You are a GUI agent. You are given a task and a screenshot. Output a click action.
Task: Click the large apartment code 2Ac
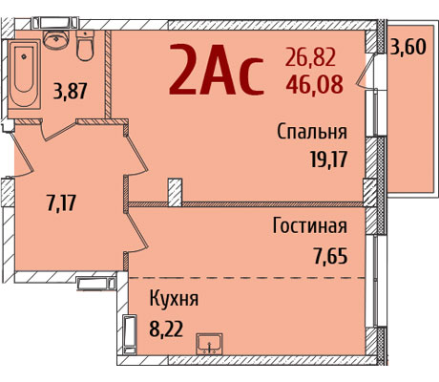217,70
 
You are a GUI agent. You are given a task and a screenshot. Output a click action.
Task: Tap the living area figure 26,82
310,57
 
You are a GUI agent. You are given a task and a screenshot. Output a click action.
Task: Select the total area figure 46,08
314,84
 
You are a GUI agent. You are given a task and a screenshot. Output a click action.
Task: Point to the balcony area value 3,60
408,47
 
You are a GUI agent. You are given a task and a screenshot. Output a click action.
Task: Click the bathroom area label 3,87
71,92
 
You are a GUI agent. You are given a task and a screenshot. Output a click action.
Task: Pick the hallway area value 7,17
61,202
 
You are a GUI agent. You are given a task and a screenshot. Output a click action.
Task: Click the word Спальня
312,132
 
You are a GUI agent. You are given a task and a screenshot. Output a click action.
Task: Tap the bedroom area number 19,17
328,159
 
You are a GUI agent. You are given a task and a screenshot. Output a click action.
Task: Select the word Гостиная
309,225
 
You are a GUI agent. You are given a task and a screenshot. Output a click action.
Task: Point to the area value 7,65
330,256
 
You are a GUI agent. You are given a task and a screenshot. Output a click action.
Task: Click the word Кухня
174,299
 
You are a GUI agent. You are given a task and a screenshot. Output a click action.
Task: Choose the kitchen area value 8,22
166,329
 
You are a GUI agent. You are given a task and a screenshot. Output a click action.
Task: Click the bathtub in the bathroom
25,74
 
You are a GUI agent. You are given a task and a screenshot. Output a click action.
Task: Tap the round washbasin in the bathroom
56,39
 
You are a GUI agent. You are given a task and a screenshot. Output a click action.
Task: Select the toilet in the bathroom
85,45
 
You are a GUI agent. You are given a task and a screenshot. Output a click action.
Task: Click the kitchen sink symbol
209,344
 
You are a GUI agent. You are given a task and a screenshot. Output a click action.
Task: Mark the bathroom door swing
59,131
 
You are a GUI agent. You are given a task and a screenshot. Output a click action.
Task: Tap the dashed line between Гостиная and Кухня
247,278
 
